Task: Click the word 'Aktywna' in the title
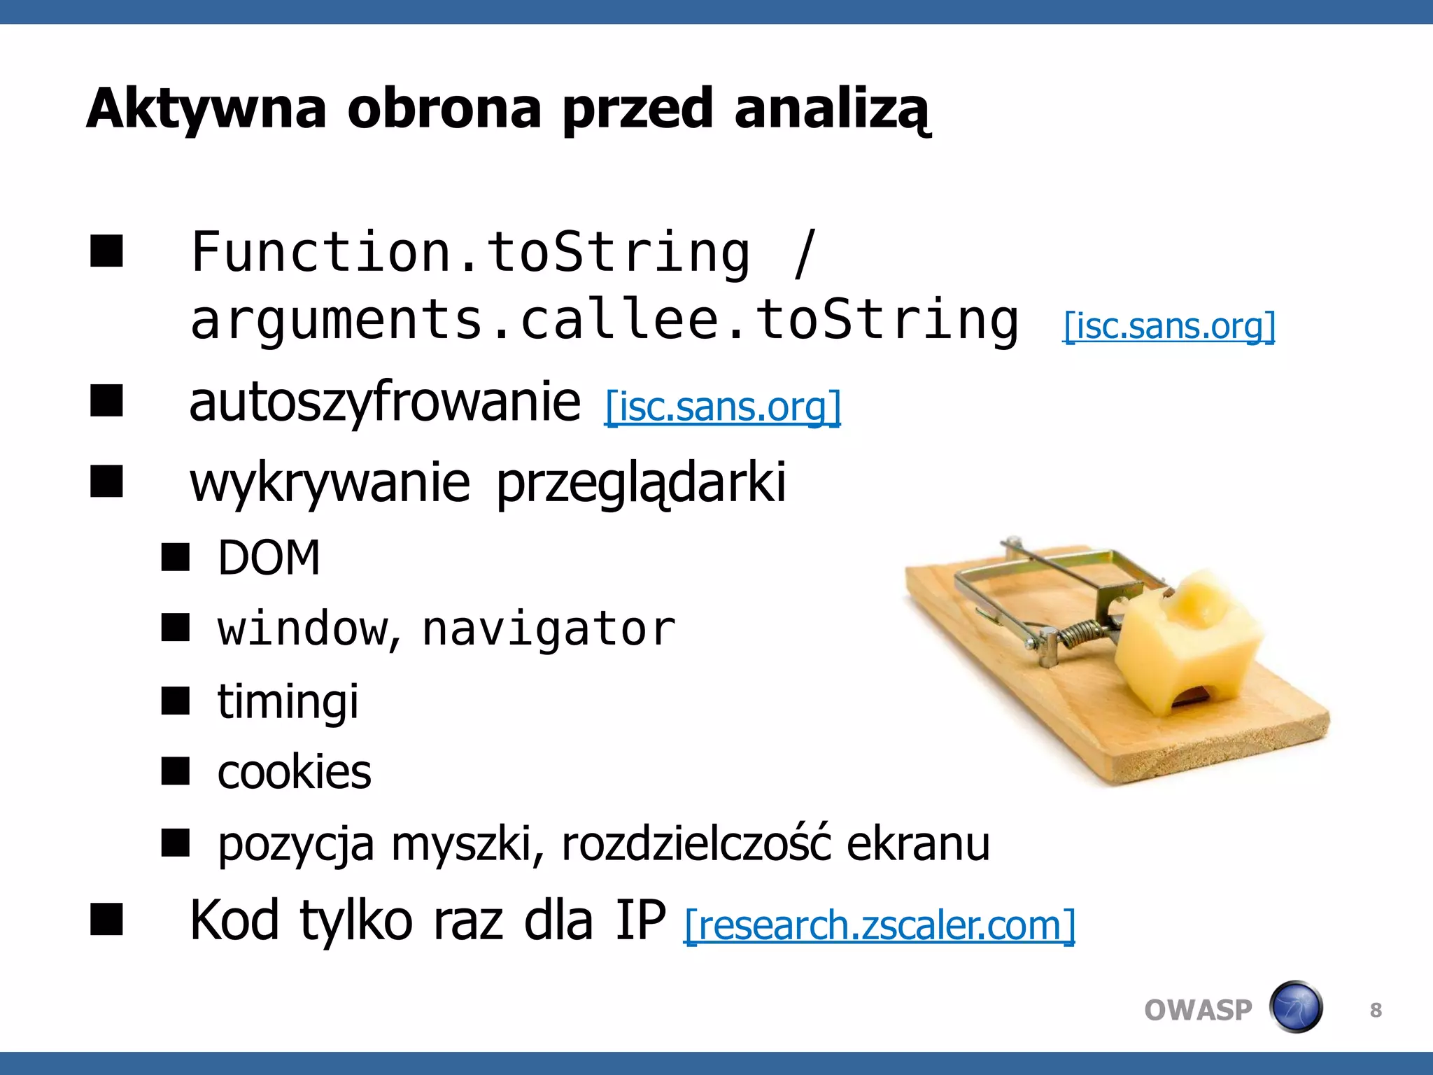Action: coord(206,109)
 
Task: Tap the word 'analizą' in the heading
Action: coord(832,111)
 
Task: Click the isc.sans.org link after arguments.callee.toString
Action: coord(1169,326)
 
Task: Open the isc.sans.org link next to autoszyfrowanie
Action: coord(722,407)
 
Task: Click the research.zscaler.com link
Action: coord(879,925)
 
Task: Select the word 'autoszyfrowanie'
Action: coord(385,402)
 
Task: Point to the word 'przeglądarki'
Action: coord(641,483)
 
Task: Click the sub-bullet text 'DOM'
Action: coord(269,558)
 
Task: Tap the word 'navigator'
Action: coord(549,628)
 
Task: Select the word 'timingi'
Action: coord(288,701)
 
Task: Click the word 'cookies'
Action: coord(294,772)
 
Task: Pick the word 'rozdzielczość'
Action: coord(696,843)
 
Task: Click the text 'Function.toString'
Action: coord(470,252)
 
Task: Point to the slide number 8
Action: coord(1376,1010)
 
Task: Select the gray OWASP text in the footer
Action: coord(1198,1010)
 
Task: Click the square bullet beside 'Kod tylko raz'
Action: coord(106,919)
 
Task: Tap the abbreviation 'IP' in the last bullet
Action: coord(640,920)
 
